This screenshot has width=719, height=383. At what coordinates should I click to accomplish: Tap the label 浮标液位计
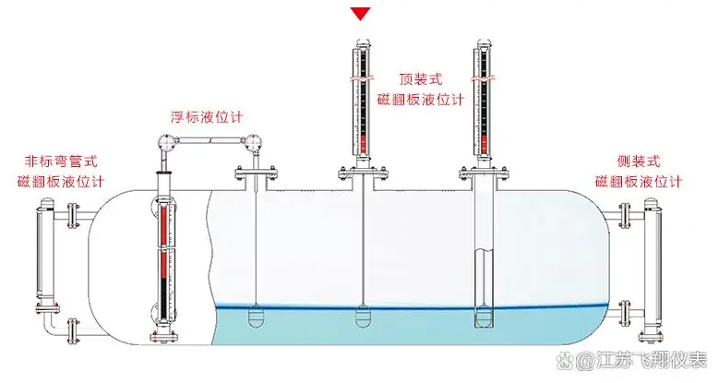206,116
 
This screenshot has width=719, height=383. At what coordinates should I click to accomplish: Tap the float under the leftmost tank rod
256,318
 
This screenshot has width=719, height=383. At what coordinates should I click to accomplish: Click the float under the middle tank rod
363,318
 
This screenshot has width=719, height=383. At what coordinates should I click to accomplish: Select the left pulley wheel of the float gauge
164,143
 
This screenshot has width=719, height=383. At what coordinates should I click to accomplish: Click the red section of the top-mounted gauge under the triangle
362,143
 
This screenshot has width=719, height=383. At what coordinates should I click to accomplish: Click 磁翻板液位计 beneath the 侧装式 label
638,181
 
